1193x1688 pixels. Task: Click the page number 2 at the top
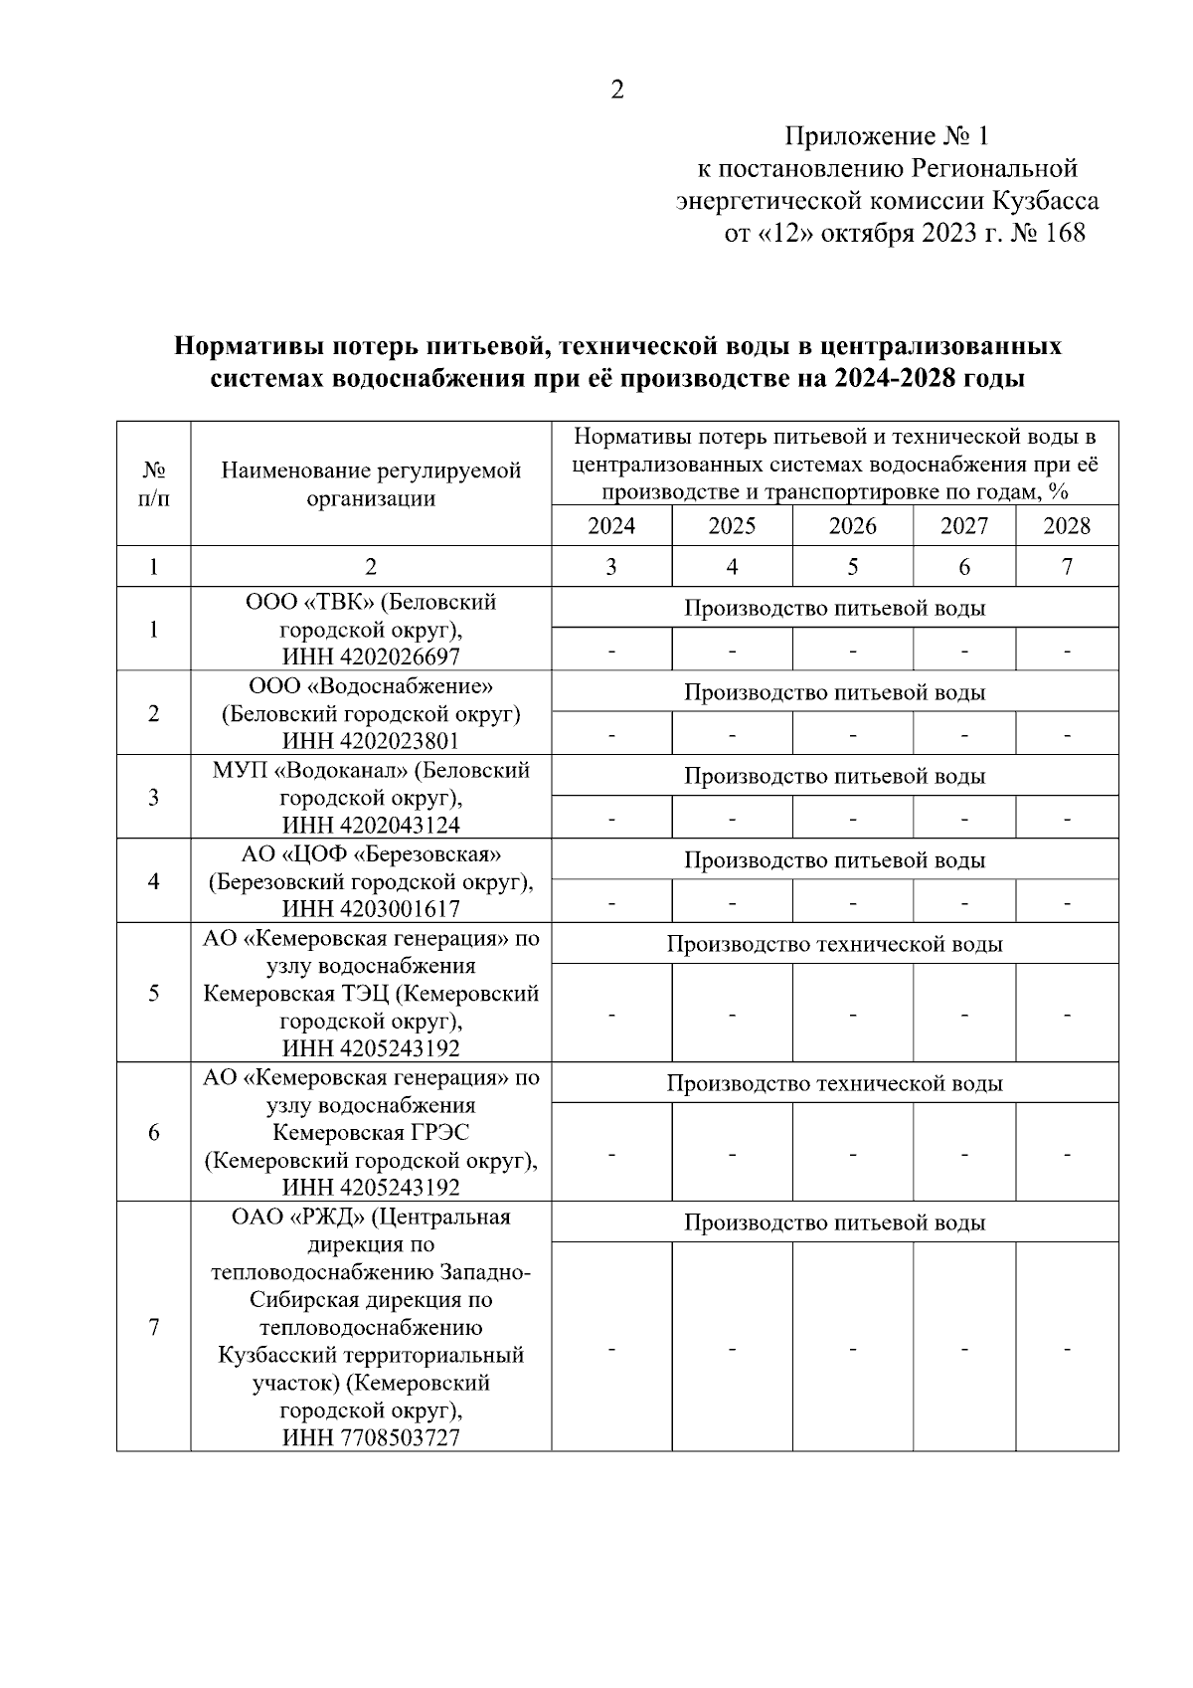pyautogui.click(x=616, y=91)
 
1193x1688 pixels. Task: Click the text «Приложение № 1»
pyautogui.click(x=887, y=135)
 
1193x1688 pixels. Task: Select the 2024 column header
pyautogui.click(x=611, y=526)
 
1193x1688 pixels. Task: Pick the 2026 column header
pyautogui.click(x=852, y=526)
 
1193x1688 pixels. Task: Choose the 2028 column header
pyautogui.click(x=1067, y=526)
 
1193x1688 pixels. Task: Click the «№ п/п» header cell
pyautogui.click(x=153, y=483)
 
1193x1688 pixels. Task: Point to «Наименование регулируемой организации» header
pyautogui.click(x=371, y=483)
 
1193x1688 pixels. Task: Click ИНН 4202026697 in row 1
pyautogui.click(x=371, y=656)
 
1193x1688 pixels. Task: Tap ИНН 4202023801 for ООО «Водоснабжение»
pyautogui.click(x=371, y=741)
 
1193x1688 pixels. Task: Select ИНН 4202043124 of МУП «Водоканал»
pyautogui.click(x=371, y=825)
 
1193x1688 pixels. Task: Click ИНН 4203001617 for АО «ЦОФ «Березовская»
pyautogui.click(x=371, y=908)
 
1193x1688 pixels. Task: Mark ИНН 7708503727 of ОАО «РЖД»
pyautogui.click(x=371, y=1437)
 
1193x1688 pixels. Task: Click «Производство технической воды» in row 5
pyautogui.click(x=834, y=944)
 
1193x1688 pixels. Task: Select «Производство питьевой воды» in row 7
pyautogui.click(x=834, y=1222)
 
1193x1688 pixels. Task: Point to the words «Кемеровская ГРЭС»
pyautogui.click(x=371, y=1133)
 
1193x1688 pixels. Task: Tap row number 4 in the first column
pyautogui.click(x=153, y=881)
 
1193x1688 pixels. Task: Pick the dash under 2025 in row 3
pyautogui.click(x=732, y=818)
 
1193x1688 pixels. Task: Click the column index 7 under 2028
pyautogui.click(x=1067, y=567)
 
